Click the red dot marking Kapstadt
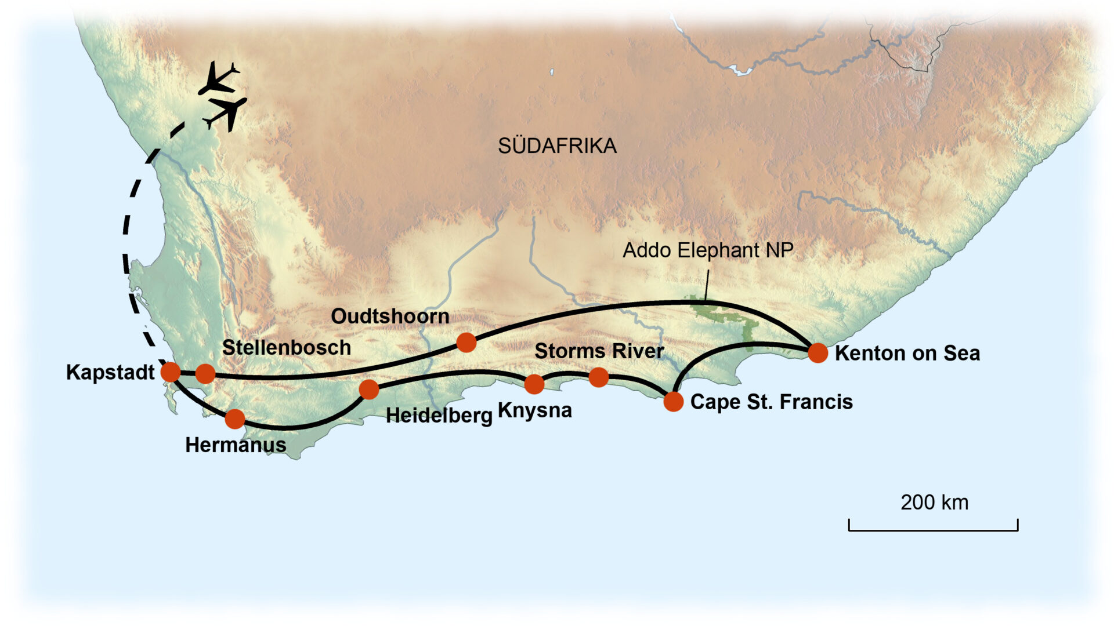[x=171, y=372]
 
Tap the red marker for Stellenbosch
[x=205, y=374]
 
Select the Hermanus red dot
[x=235, y=418]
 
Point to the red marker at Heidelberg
[x=369, y=390]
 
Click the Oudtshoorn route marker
[x=466, y=343]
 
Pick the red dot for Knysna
[x=534, y=384]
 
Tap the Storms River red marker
[x=599, y=378]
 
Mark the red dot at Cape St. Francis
[x=674, y=401]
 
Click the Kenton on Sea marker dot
[x=818, y=352]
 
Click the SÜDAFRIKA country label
[x=557, y=146]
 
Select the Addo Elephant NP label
[x=708, y=250]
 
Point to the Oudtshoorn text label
[x=390, y=316]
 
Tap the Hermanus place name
[x=236, y=445]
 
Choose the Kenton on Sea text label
[x=907, y=354]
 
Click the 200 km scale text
[x=934, y=503]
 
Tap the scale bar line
[x=933, y=529]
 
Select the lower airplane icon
[x=227, y=111]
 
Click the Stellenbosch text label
[x=287, y=348]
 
